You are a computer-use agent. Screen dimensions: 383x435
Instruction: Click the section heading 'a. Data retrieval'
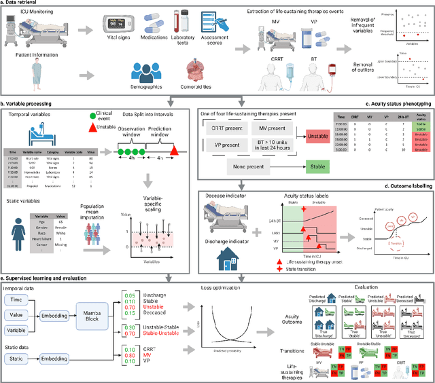[x=24, y=5]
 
